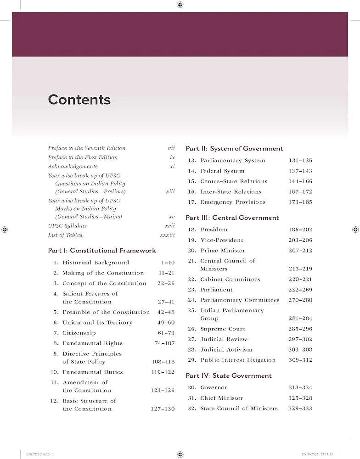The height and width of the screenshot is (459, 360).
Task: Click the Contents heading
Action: click(x=79, y=100)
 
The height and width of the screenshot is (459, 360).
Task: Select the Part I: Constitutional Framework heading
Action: click(x=102, y=251)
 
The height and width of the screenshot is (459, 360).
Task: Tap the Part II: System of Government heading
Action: click(x=234, y=149)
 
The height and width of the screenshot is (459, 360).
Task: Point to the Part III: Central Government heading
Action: click(x=232, y=218)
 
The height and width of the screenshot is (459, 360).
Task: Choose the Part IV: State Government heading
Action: click(x=229, y=376)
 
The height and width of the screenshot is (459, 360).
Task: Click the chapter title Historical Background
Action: click(x=96, y=263)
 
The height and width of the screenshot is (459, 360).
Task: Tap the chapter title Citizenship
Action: click(x=79, y=333)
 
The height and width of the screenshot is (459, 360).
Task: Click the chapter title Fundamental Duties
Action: click(x=93, y=372)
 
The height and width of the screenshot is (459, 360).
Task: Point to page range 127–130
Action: click(x=163, y=409)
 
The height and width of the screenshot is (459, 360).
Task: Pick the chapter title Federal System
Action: click(x=222, y=171)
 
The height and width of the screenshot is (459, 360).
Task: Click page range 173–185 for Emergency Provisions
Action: click(x=300, y=202)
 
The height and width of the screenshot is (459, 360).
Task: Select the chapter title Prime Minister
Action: click(x=223, y=251)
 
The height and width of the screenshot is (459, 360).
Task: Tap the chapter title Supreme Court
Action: click(x=223, y=329)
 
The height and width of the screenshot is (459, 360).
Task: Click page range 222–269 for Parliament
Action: click(x=300, y=290)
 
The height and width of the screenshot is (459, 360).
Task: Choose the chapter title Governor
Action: click(x=214, y=388)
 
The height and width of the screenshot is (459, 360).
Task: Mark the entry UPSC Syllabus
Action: click(x=67, y=226)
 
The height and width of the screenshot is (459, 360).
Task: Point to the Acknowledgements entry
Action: click(x=73, y=166)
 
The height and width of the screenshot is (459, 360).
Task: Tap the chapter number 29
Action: click(x=192, y=360)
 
